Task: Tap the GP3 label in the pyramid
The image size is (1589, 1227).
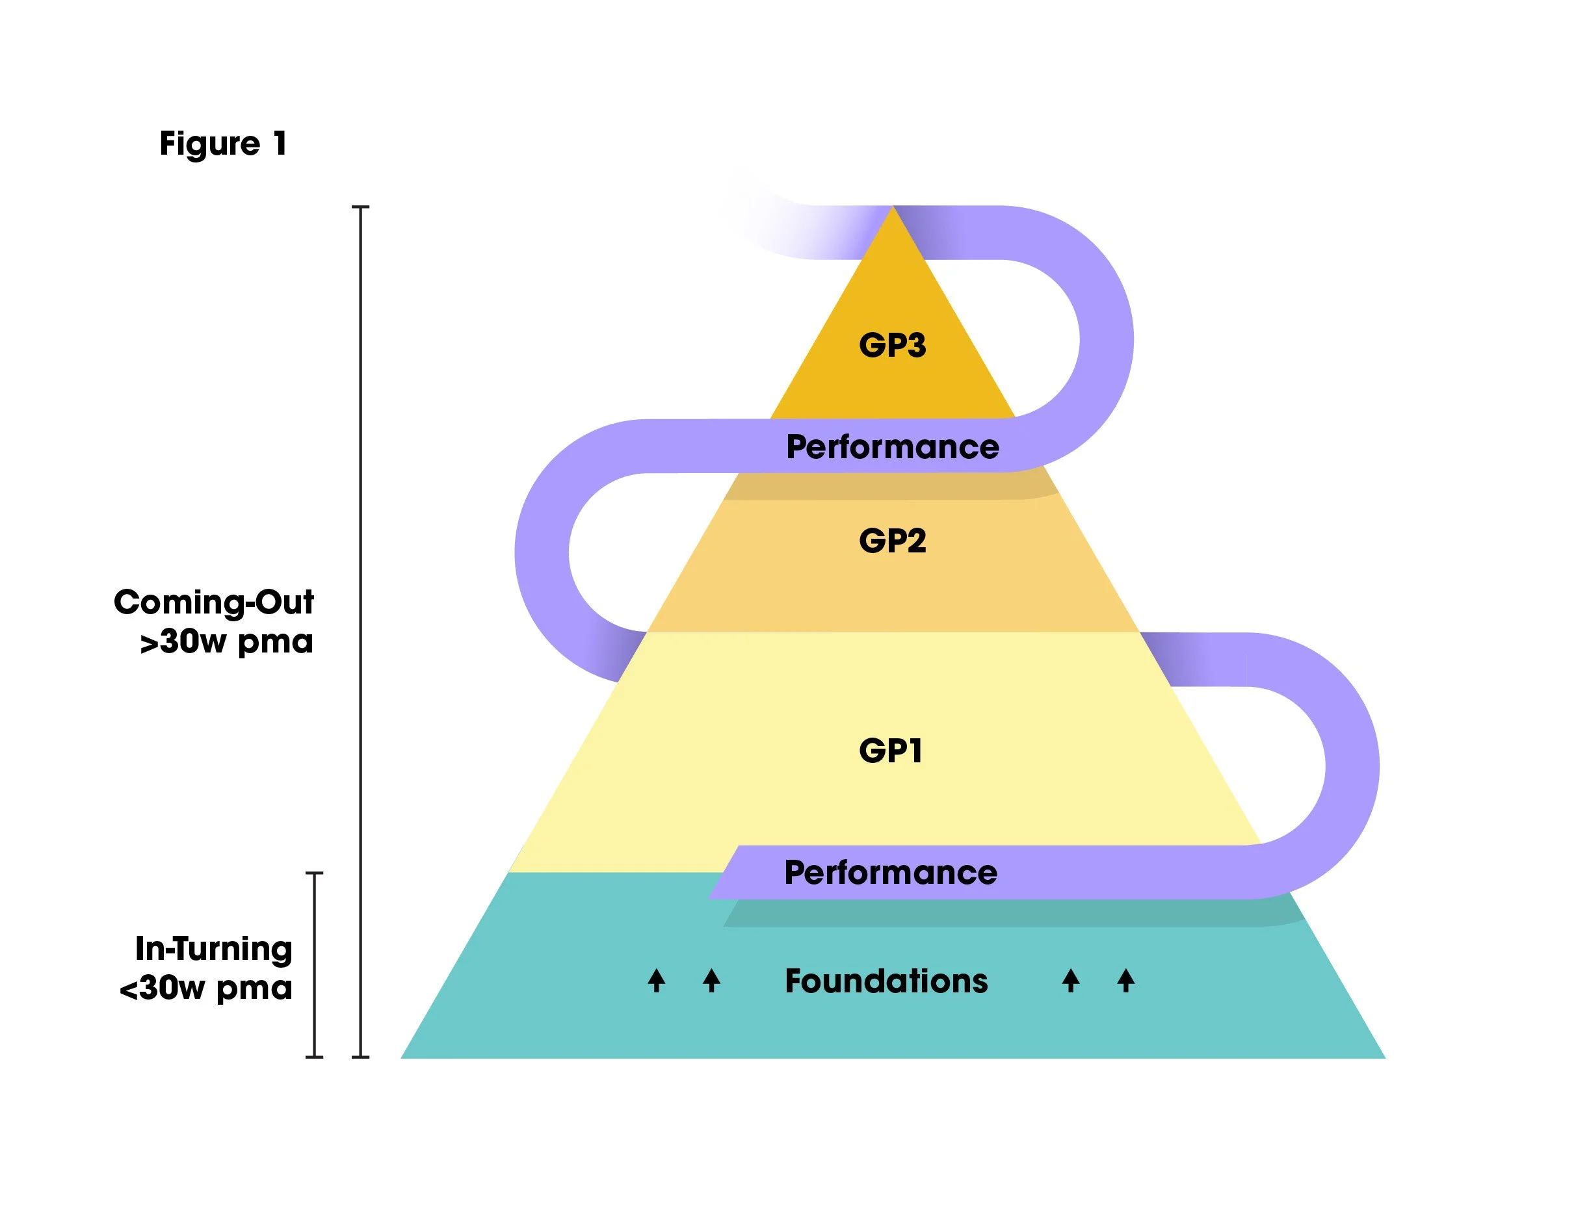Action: point(892,344)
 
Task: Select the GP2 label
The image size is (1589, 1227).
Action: point(892,541)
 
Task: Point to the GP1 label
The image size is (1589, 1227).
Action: point(891,751)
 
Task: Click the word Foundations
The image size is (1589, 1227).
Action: point(886,981)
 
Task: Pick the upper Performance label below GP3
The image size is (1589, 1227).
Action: point(893,446)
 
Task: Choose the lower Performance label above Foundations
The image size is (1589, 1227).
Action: point(891,872)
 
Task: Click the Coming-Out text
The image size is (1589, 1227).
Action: point(214,602)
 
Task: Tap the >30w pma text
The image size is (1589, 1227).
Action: point(226,641)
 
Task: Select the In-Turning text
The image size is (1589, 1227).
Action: point(214,948)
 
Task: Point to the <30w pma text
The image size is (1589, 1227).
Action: point(206,988)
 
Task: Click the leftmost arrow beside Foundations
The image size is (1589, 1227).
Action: point(656,981)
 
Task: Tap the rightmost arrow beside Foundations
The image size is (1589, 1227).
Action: point(1125,981)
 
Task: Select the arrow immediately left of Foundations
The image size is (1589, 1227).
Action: point(711,981)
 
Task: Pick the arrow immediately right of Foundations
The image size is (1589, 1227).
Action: point(1070,981)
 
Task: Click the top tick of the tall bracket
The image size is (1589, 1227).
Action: point(361,207)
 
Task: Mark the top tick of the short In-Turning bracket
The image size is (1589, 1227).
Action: point(314,873)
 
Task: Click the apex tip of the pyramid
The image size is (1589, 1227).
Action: point(893,208)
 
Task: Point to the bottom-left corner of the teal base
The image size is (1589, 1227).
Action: point(402,1057)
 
